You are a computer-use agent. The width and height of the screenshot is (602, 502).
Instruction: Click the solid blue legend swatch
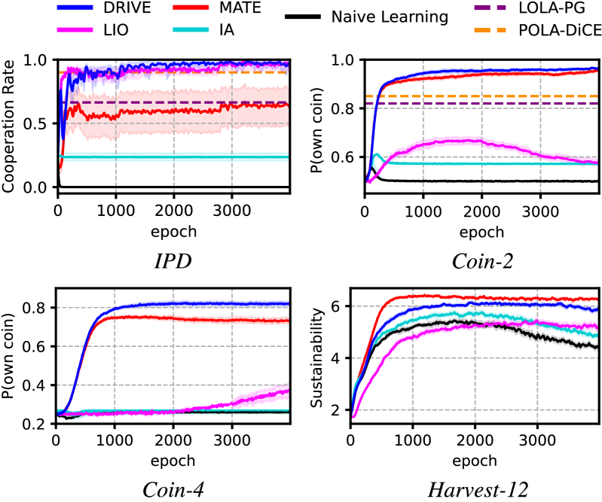click(75, 8)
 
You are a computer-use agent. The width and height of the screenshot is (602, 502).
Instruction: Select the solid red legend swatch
click(191, 8)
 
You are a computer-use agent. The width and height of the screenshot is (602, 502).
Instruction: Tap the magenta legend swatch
click(75, 30)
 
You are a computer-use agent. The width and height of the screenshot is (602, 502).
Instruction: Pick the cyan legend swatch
click(191, 30)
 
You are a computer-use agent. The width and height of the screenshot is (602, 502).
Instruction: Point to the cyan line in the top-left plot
click(173, 157)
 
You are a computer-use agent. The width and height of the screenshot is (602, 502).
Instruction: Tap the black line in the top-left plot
click(173, 186)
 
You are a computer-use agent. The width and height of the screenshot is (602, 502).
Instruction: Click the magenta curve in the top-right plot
click(452, 140)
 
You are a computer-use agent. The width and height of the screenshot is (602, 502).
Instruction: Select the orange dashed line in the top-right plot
click(452, 96)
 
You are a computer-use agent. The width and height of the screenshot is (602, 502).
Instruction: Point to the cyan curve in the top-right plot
click(452, 163)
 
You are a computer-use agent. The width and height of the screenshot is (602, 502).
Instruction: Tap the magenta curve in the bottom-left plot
click(256, 397)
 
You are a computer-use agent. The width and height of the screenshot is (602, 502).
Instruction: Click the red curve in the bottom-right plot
click(452, 297)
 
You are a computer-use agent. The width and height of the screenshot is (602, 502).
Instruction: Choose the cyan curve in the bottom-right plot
click(452, 313)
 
